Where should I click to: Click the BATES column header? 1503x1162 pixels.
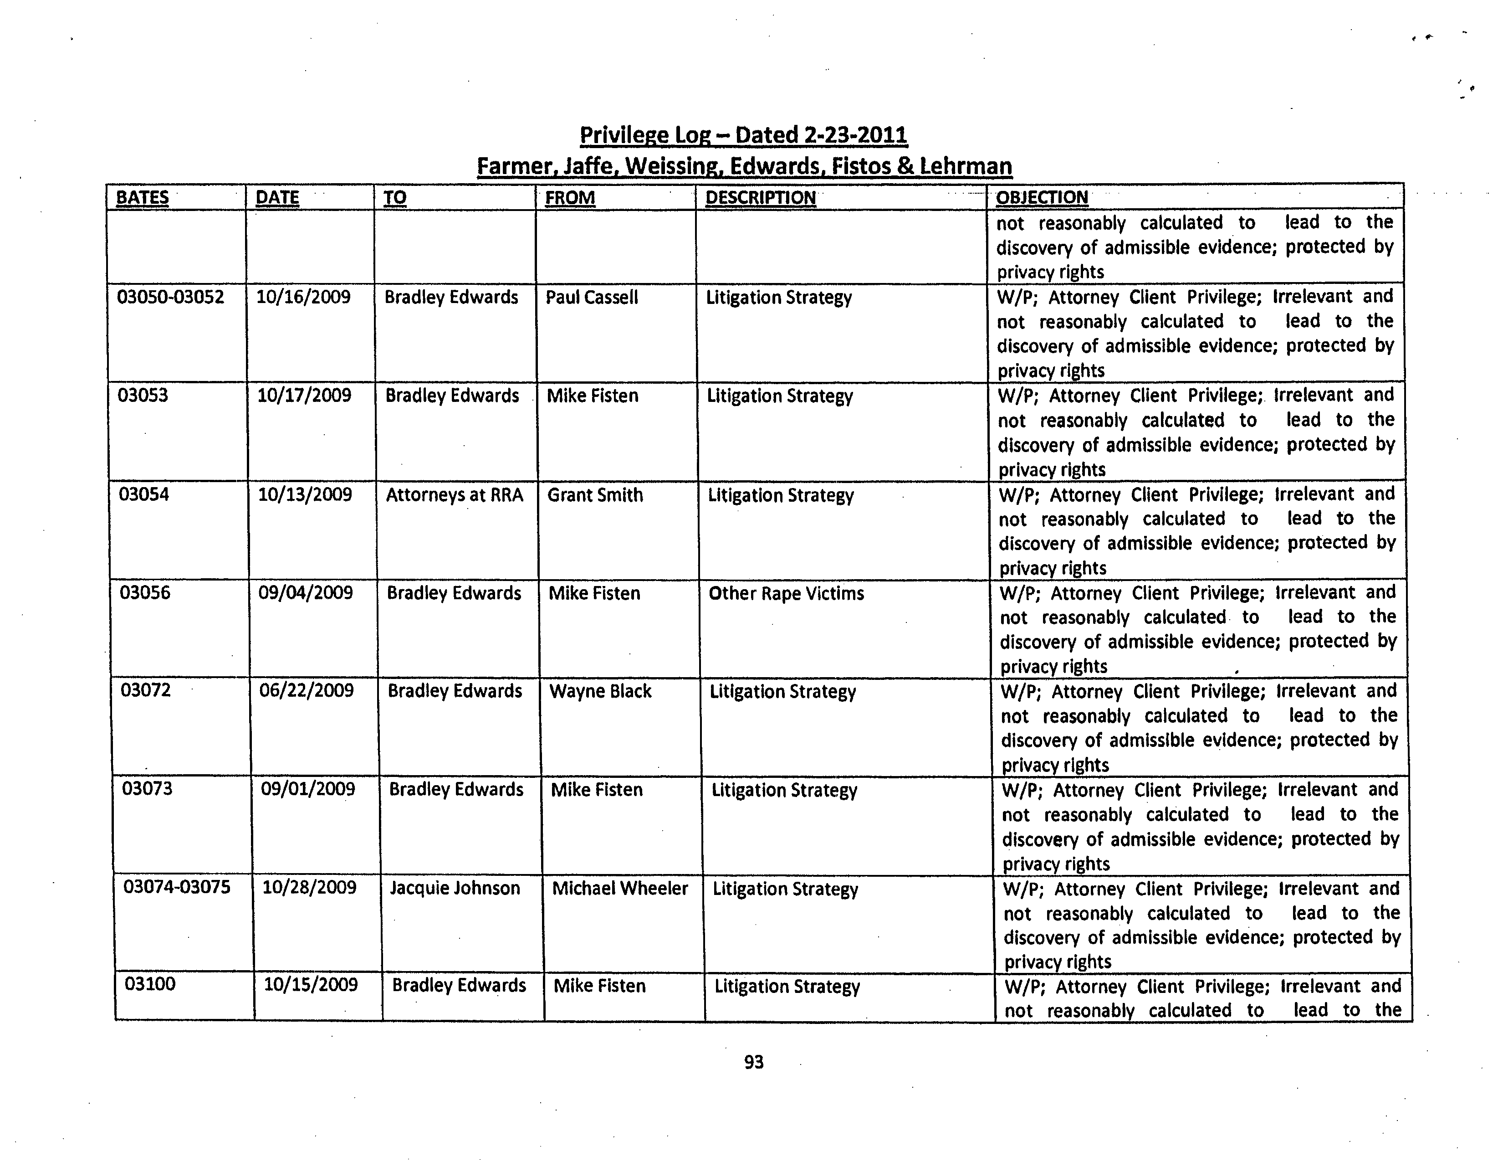143,198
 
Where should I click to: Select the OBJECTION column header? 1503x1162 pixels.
1042,198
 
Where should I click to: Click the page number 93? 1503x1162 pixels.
754,1062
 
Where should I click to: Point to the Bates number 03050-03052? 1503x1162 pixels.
171,298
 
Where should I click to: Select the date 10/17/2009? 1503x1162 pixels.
304,396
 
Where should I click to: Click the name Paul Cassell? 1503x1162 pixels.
592,298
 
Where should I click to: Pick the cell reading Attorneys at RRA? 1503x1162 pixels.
454,495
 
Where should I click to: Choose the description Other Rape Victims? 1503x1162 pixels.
786,593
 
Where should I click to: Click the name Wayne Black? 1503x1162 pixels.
600,691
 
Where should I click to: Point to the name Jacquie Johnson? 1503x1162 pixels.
455,888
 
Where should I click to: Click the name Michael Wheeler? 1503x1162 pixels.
619,888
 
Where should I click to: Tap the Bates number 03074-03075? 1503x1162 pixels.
177,887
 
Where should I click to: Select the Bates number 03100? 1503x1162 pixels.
150,984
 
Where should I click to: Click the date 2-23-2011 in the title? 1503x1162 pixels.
855,135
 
